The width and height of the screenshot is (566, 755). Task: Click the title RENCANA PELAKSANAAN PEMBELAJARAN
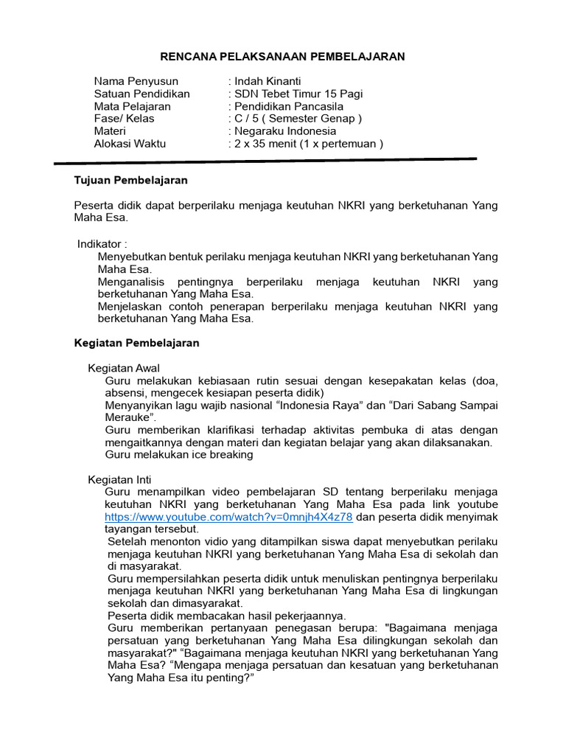click(x=283, y=57)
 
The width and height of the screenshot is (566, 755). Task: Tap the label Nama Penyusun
click(x=136, y=81)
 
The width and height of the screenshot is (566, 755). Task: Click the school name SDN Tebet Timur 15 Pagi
click(x=298, y=94)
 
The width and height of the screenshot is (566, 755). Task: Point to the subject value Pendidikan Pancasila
click(x=289, y=106)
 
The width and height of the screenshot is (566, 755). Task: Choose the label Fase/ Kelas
click(x=125, y=119)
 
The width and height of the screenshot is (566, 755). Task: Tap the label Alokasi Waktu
click(x=130, y=144)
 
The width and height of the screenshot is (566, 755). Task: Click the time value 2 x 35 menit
click(x=269, y=144)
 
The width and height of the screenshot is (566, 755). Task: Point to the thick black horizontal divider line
click(x=265, y=161)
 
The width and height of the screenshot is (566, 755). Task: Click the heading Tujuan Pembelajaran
click(x=131, y=180)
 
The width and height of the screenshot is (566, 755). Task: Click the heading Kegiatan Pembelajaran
click(x=136, y=343)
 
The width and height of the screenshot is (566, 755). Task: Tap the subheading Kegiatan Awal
click(x=124, y=368)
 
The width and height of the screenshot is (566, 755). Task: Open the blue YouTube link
click(x=228, y=518)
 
